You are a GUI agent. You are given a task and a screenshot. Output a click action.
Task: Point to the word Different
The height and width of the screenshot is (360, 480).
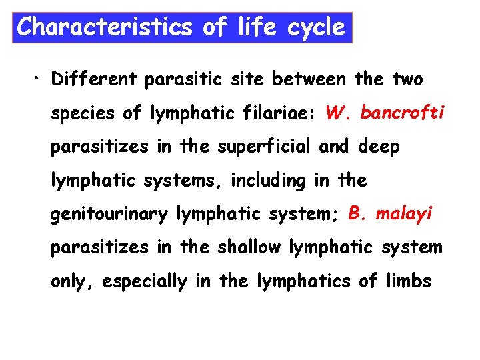point(93,80)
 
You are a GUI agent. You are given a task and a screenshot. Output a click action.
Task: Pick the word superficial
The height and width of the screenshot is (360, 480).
point(256,147)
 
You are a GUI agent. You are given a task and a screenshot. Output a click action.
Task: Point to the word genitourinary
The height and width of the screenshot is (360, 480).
point(111,215)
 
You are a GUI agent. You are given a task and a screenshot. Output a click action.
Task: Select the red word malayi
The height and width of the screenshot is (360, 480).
point(405,213)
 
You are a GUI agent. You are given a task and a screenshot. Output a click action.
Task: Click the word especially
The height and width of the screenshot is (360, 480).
point(145,281)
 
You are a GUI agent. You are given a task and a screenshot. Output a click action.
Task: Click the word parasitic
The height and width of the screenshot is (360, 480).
point(185,80)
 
